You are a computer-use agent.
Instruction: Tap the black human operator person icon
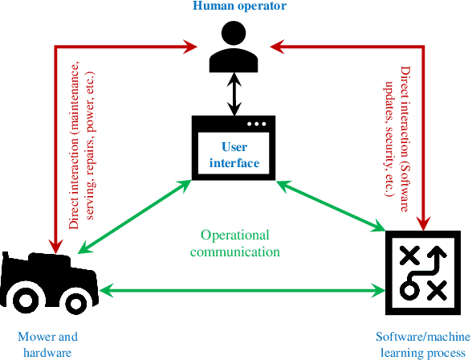234,47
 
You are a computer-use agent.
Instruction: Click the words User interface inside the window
234,155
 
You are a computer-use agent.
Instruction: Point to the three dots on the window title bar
257,125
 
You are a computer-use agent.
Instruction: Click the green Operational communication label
234,243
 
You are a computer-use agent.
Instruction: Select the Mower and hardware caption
47,344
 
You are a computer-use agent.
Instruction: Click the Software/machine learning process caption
422,344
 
